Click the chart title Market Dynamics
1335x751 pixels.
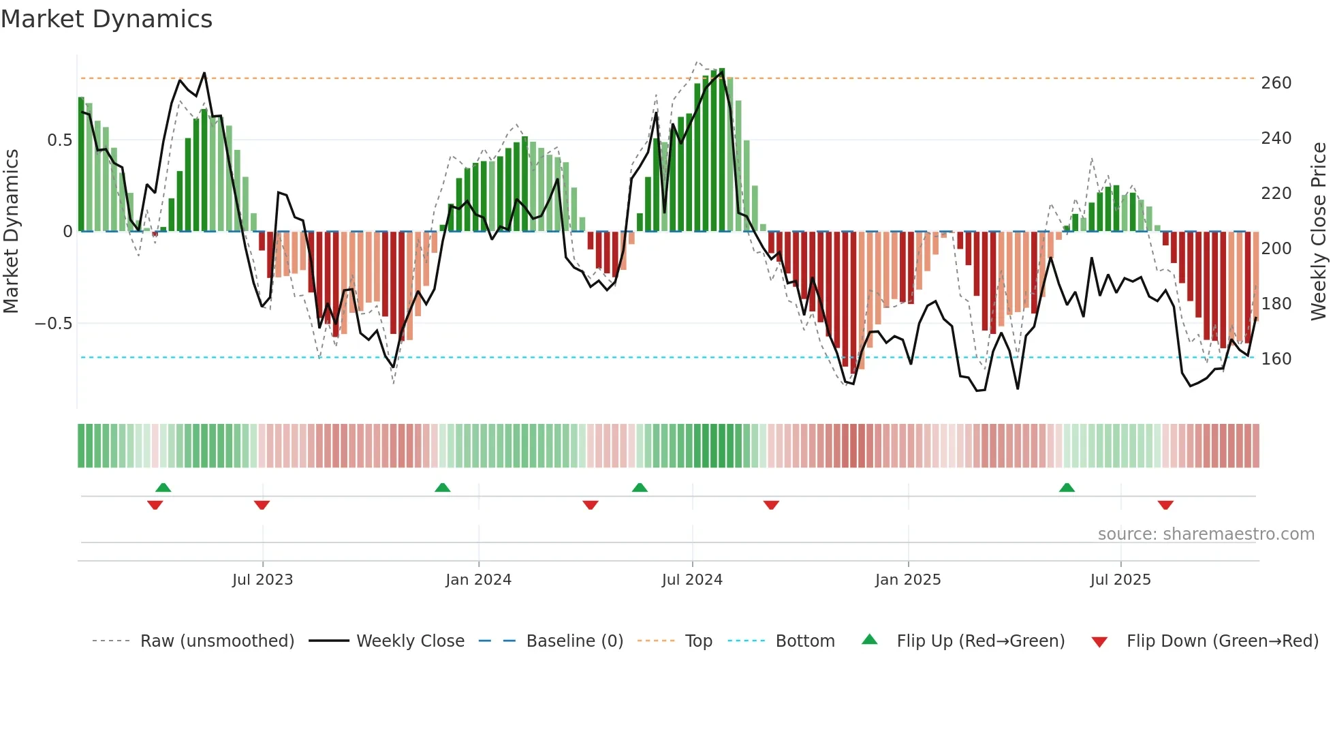click(x=106, y=19)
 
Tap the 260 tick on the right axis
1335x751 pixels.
click(x=1276, y=83)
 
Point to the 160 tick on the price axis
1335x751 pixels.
click(x=1276, y=359)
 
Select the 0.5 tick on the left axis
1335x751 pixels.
click(x=59, y=140)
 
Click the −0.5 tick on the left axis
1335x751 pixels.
click(x=54, y=324)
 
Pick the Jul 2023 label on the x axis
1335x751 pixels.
click(x=262, y=580)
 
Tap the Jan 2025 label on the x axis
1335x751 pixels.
click(x=907, y=580)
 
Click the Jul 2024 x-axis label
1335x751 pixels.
click(x=691, y=580)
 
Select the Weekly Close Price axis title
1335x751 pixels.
click(x=1319, y=232)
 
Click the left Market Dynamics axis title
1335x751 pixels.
click(x=11, y=232)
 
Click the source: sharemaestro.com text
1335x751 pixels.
click(x=1206, y=534)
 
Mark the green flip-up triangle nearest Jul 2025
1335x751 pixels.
click(x=1067, y=487)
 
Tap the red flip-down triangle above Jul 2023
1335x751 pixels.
click(x=262, y=505)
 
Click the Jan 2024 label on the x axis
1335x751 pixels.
click(x=478, y=580)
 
